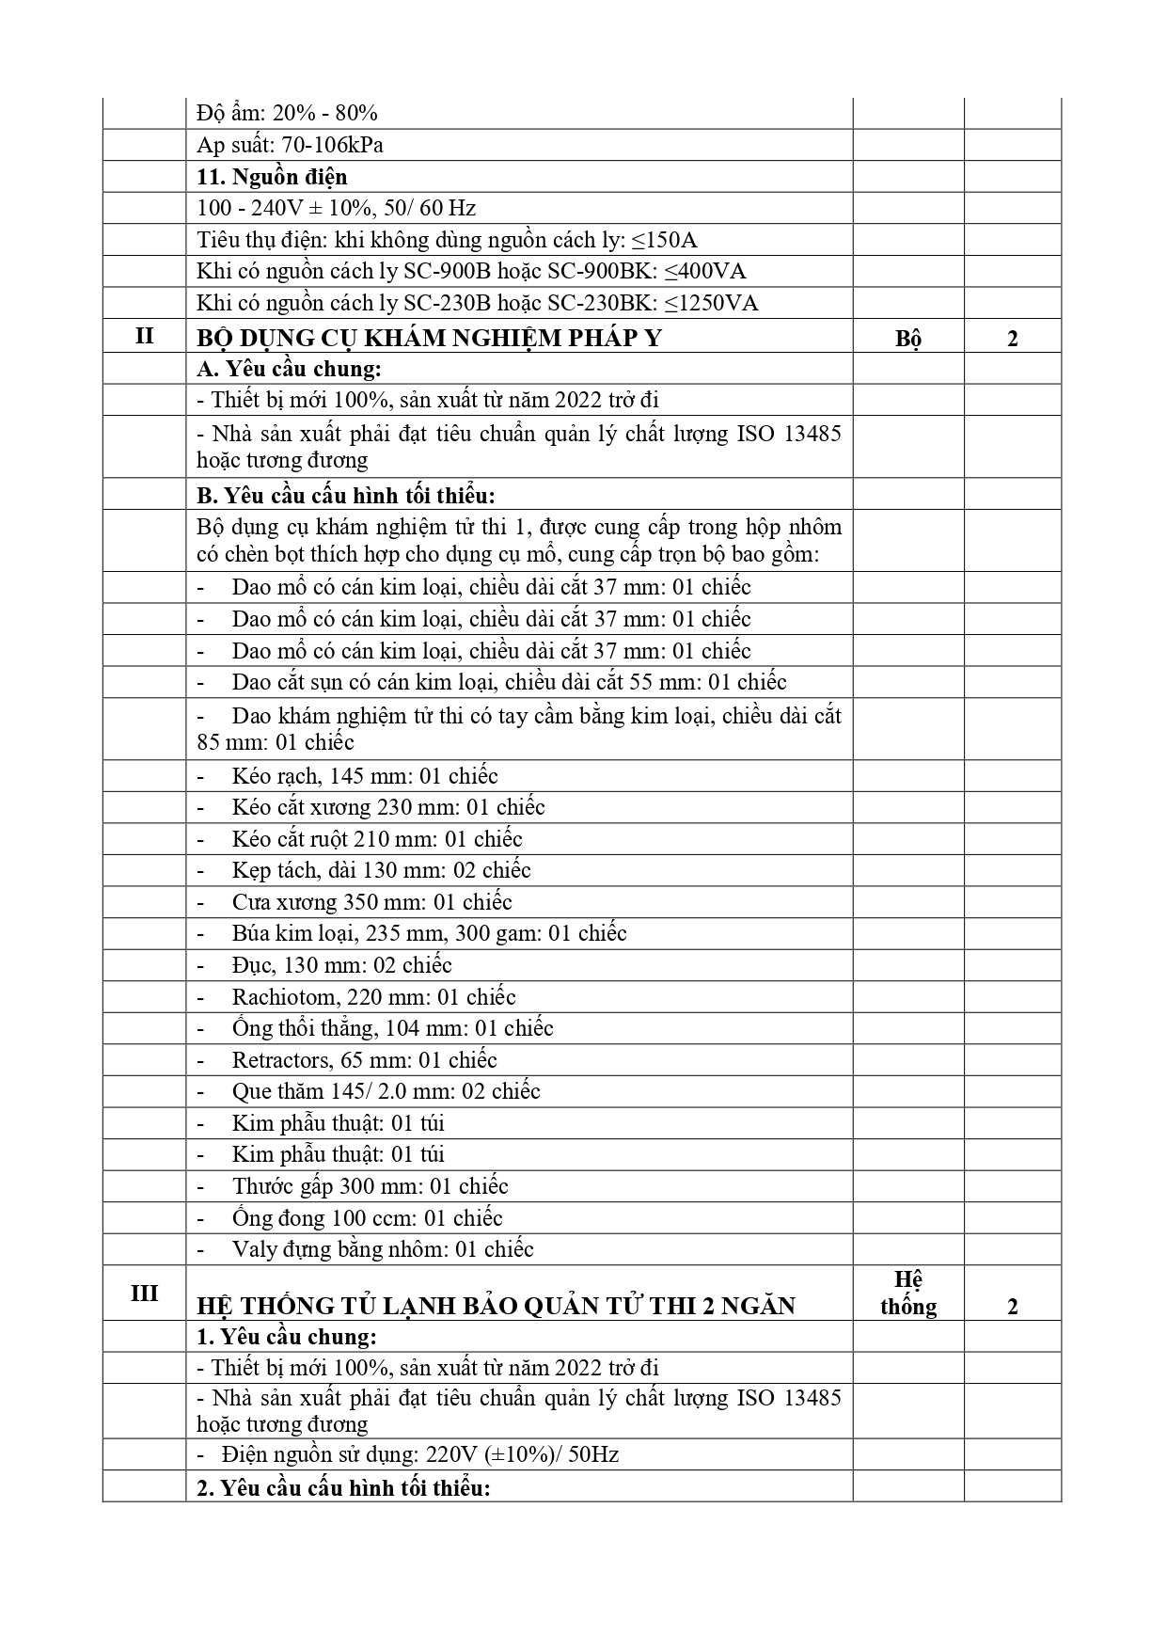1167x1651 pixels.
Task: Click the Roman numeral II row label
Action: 144,335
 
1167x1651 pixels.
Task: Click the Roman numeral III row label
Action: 144,1293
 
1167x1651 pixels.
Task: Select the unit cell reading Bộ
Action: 907,339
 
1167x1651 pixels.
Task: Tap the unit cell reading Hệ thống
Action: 907,1293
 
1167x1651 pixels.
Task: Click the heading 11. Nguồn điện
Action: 272,177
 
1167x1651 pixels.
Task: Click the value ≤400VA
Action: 705,272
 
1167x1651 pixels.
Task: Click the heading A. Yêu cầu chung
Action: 289,370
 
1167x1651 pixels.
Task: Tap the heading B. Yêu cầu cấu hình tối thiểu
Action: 345,495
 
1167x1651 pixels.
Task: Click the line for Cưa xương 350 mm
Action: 371,902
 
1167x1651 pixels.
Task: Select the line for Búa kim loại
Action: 429,933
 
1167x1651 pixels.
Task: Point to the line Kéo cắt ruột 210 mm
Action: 376,839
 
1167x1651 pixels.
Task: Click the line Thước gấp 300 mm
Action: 370,1186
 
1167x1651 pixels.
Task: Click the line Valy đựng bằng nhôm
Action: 382,1249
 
